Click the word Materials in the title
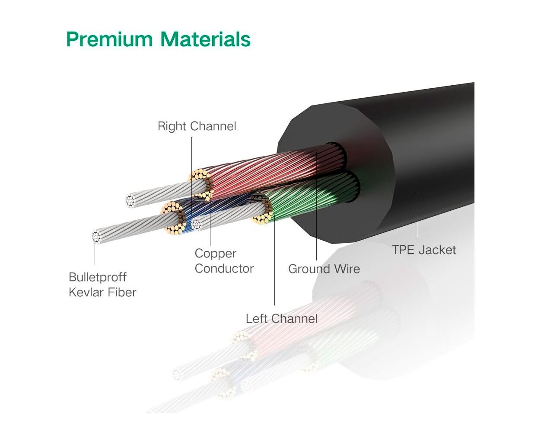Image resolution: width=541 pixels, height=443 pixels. point(205,39)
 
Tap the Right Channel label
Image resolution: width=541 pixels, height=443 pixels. point(197,126)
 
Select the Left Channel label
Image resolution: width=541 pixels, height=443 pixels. point(281,319)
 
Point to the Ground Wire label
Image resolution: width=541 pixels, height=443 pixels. point(324,269)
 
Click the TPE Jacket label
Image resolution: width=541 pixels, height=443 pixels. point(423,250)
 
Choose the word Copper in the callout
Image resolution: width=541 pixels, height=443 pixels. point(215,254)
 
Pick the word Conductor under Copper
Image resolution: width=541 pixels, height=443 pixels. point(224,269)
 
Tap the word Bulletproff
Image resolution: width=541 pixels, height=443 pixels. point(98,277)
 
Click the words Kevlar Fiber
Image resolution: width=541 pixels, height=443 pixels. point(102,292)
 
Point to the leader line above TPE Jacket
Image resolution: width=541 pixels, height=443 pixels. point(418,216)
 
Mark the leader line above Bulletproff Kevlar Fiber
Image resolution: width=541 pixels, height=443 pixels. point(95,253)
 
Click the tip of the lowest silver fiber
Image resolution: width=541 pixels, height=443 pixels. point(96,236)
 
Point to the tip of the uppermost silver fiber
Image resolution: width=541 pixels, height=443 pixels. point(130,200)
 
